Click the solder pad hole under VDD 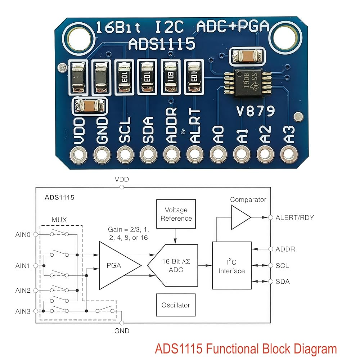coord(78,155)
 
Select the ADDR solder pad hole coord(172,155)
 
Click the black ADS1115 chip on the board coord(248,83)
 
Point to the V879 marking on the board coord(256,111)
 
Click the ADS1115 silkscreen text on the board coord(162,44)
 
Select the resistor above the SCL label coord(124,77)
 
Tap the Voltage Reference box coord(176,214)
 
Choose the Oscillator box coord(176,305)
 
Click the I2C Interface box coord(231,265)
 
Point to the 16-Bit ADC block coord(173,265)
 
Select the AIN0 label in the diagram coord(23,234)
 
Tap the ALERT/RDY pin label coord(294,217)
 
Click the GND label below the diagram coord(122,330)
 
